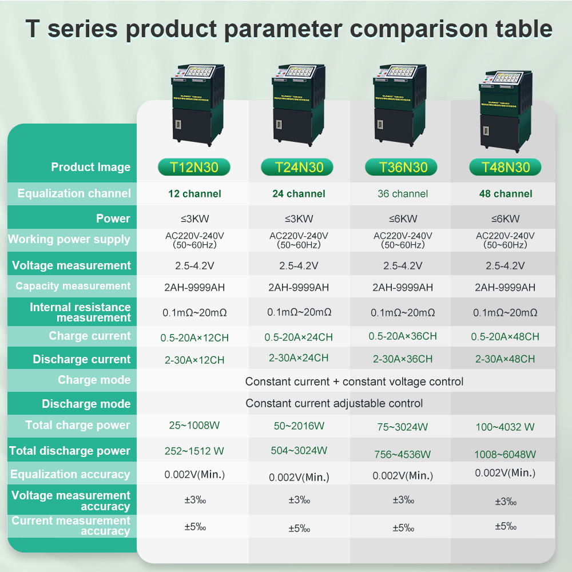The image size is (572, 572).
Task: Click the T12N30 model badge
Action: point(194,167)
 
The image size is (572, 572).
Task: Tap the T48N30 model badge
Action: point(505,167)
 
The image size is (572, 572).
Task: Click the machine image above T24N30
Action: point(299,105)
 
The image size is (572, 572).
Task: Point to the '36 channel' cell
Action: point(403,194)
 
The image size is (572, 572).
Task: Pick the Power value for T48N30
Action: point(505,219)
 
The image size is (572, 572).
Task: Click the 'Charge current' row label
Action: point(90,336)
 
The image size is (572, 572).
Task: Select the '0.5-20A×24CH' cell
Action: point(299,337)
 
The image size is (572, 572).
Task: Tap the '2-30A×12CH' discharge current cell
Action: point(194,360)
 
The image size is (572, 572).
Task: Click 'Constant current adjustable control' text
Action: point(334,403)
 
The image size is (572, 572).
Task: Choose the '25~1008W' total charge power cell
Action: point(194,426)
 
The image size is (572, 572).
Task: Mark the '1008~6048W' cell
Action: point(505,454)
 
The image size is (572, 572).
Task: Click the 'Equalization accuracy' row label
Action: point(70,474)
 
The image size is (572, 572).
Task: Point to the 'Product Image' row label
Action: point(91,167)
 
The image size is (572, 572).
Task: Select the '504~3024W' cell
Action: point(299,451)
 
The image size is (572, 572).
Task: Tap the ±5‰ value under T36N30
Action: point(403,528)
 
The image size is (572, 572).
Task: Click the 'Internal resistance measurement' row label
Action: point(80,312)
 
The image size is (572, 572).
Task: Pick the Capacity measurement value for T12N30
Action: point(194,288)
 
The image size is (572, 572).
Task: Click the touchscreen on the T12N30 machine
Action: point(200,71)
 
